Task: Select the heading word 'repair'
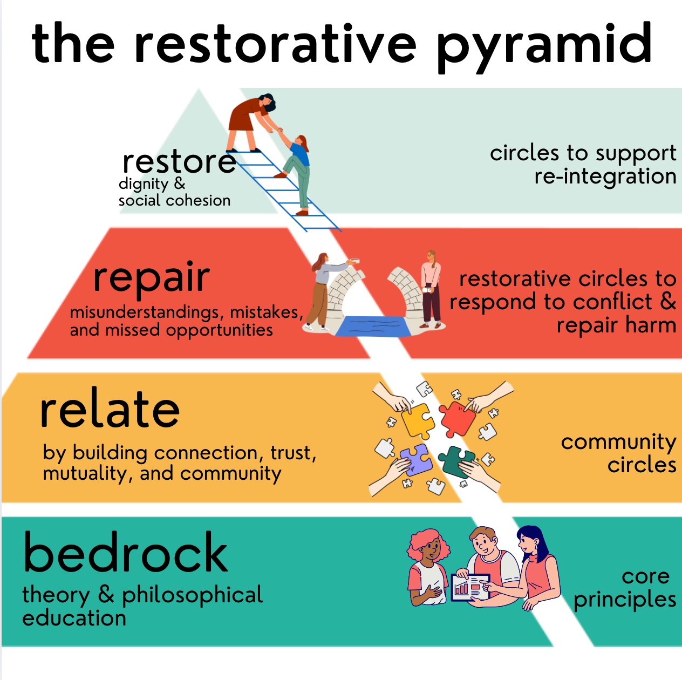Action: tap(151, 277)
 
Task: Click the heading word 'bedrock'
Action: tap(126, 553)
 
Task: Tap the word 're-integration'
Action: tap(605, 176)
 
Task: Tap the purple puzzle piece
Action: tap(414, 459)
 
